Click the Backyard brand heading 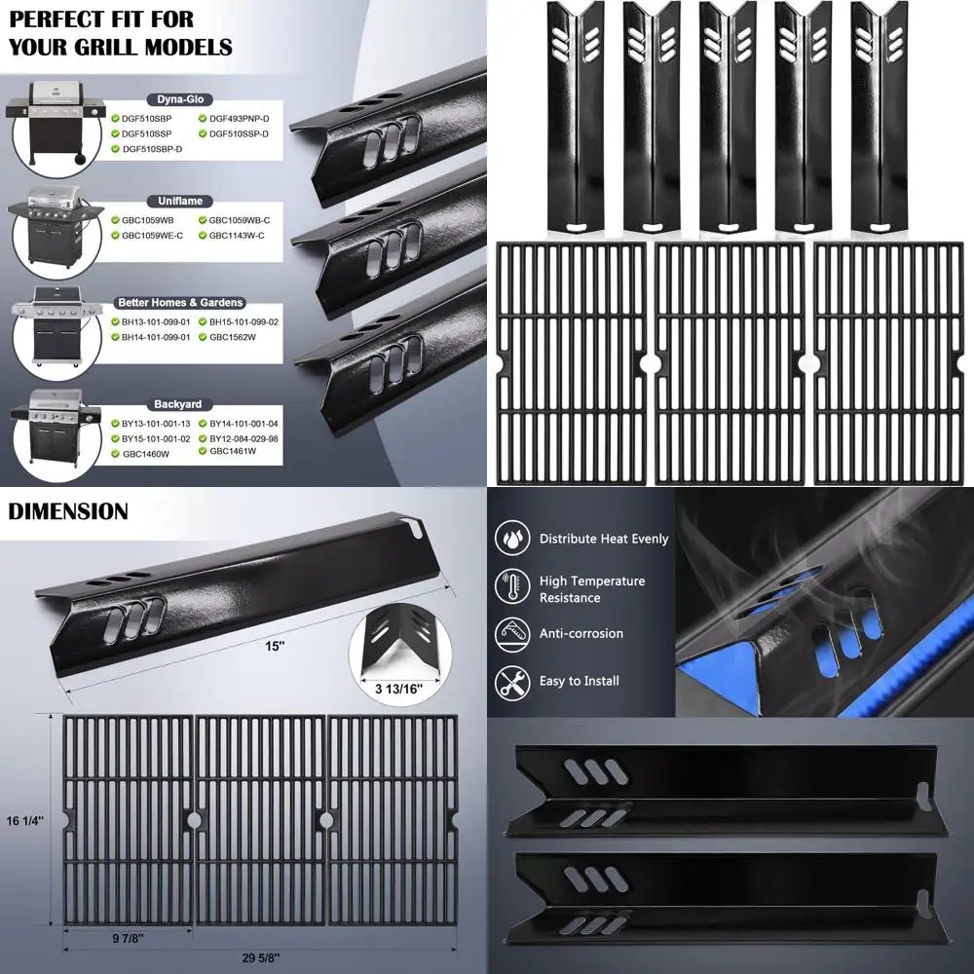177,403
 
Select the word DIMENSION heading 67,511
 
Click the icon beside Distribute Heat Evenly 512,539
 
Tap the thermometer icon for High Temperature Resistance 512,586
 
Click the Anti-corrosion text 581,633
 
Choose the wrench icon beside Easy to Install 512,680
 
